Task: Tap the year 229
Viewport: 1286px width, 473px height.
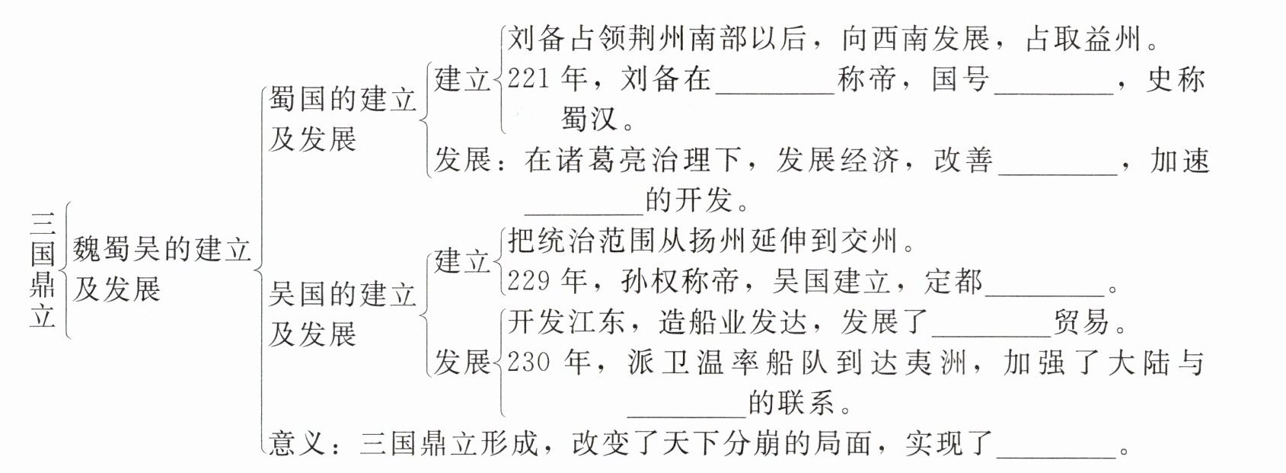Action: click(x=528, y=281)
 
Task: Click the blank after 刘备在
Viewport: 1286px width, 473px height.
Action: click(x=776, y=84)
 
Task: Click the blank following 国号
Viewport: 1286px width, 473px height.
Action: click(x=1055, y=84)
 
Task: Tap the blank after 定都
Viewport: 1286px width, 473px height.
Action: click(x=1045, y=286)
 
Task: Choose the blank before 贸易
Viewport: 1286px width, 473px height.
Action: click(x=991, y=327)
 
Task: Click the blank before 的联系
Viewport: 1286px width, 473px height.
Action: click(x=688, y=408)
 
